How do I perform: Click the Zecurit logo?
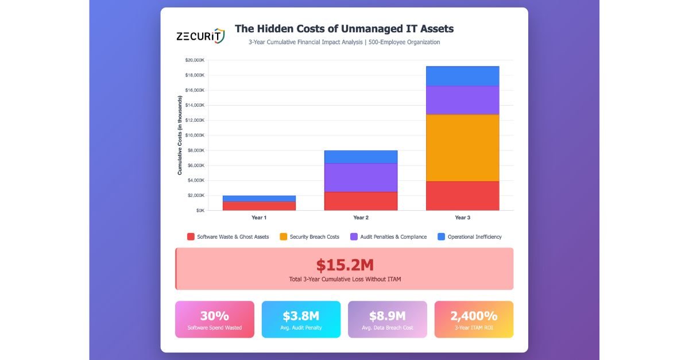point(200,36)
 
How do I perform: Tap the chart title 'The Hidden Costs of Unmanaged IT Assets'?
point(344,29)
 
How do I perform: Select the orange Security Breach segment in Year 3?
point(462,148)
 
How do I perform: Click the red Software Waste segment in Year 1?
point(259,206)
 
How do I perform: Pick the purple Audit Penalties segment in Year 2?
point(361,177)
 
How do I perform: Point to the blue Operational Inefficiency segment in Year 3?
point(462,76)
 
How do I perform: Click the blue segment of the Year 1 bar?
point(259,198)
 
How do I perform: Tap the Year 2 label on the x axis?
point(361,218)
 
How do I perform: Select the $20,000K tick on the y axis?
point(194,60)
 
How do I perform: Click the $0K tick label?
point(199,210)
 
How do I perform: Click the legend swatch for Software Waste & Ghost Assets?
point(191,237)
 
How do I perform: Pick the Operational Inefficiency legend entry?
point(469,237)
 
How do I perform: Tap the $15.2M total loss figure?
point(344,265)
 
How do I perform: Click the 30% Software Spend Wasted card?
point(214,319)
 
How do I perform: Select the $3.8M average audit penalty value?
point(301,316)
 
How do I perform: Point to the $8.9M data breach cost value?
point(388,316)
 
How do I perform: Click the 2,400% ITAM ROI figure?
point(474,316)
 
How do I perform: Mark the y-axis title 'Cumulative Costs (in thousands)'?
point(180,136)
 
